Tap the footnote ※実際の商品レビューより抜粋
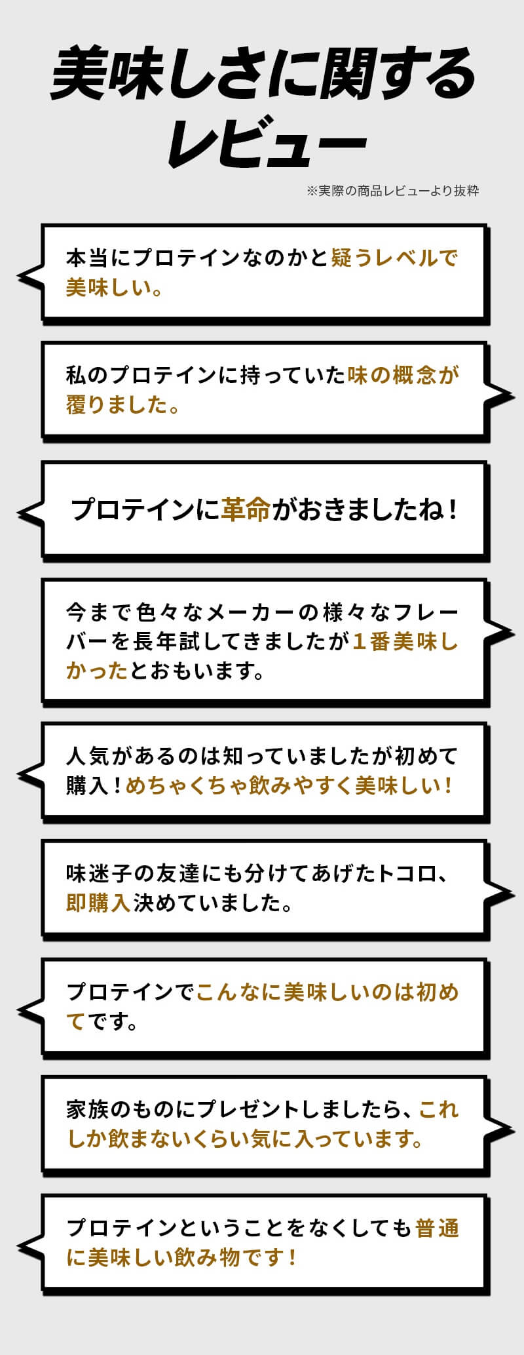(392, 191)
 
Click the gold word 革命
(246, 509)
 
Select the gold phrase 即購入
(99, 903)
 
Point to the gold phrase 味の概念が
(403, 375)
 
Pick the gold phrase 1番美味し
(405, 641)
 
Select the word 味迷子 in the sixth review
(99, 873)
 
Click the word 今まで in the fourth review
(98, 612)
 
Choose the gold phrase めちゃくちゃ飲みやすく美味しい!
(289, 785)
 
